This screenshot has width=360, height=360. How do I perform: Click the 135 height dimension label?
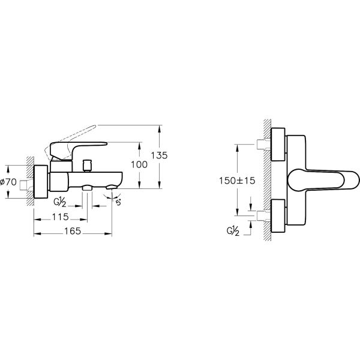[x=159, y=155]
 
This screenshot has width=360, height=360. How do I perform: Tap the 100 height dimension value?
[x=139, y=164]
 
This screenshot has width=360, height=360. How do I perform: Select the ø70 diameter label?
[x=8, y=182]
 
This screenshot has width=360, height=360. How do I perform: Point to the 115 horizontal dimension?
[x=61, y=217]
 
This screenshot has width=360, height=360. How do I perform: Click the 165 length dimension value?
[x=73, y=231]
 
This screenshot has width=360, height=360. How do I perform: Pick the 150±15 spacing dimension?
[x=237, y=181]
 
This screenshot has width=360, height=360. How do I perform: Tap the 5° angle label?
[x=118, y=203]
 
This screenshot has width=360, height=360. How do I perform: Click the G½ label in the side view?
[x=60, y=202]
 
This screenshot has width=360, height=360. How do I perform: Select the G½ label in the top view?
[x=233, y=231]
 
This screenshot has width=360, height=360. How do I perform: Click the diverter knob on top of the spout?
[x=87, y=166]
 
